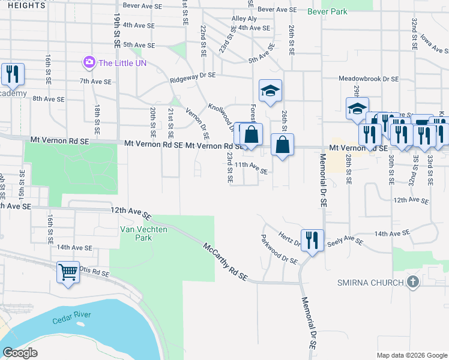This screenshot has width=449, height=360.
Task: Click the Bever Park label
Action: pos(327,11)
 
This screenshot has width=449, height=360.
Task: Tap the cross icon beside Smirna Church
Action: pos(412,281)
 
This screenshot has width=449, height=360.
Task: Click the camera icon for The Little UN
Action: pos(89,62)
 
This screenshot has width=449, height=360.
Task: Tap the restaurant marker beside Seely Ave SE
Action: pos(312,239)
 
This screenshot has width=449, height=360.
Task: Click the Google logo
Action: pos(20,353)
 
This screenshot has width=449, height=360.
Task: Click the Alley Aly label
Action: pos(244,19)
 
